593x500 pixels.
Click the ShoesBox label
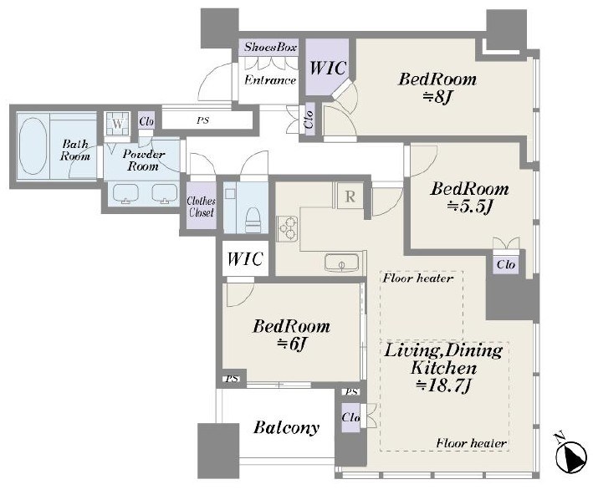click(x=270, y=47)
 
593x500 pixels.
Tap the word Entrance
click(x=270, y=79)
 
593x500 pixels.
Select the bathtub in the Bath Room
click(x=33, y=145)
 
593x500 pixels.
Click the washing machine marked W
click(x=118, y=124)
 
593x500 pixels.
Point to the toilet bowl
click(x=253, y=221)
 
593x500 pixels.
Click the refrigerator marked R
click(x=350, y=196)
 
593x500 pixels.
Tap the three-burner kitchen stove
click(x=287, y=229)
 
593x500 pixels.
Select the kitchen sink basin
click(x=341, y=263)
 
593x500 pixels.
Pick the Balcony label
click(x=286, y=427)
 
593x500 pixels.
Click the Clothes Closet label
click(x=202, y=207)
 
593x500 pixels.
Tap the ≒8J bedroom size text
click(x=437, y=97)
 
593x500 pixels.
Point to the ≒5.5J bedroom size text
click(x=469, y=207)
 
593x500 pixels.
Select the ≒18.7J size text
click(x=443, y=385)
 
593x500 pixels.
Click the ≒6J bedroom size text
click(x=291, y=344)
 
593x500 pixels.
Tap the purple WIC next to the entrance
click(x=328, y=68)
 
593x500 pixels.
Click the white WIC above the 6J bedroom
click(x=245, y=259)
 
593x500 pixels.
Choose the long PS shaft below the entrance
click(x=207, y=120)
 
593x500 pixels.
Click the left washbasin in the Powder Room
click(x=126, y=193)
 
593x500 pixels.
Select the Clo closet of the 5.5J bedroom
click(x=506, y=264)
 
